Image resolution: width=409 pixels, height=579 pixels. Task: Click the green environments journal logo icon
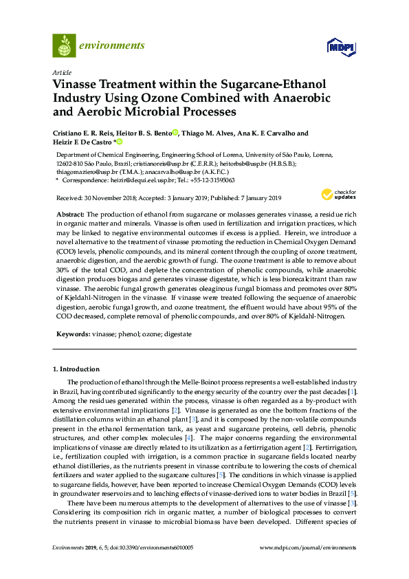pos(64,46)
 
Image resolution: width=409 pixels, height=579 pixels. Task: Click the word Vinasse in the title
pos(76,85)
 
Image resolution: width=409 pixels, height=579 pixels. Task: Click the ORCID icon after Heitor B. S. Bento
pos(175,133)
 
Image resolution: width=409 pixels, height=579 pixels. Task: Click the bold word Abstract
pos(70,215)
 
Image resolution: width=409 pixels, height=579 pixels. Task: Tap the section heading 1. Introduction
pos(76,369)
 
